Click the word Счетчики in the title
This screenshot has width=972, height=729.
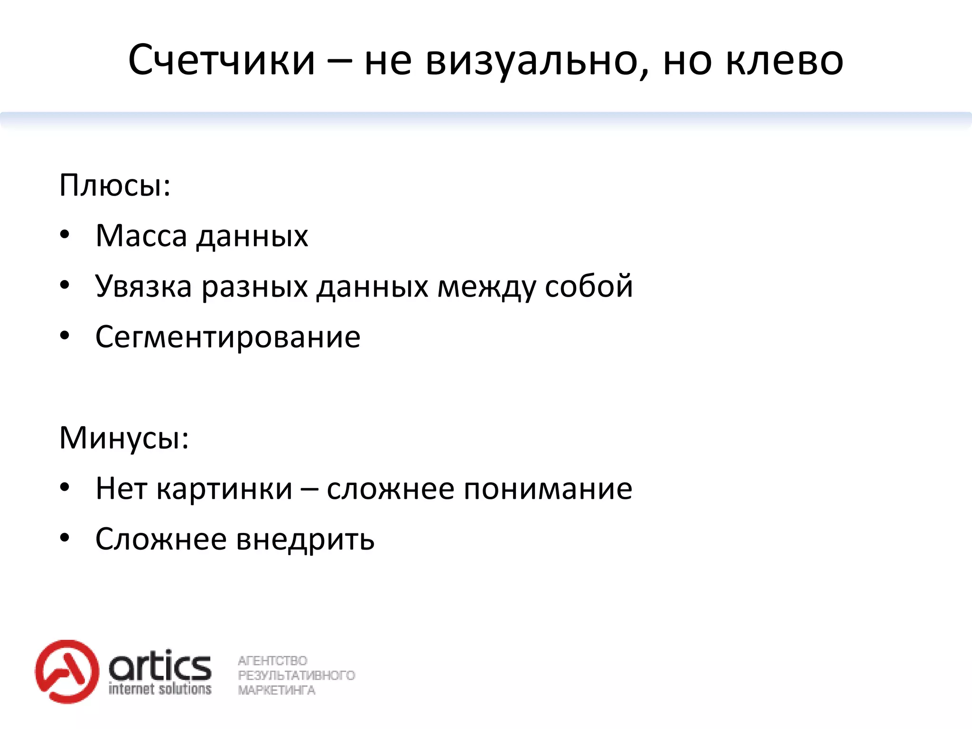pyautogui.click(x=222, y=60)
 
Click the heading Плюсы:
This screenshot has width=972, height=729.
pyautogui.click(x=115, y=185)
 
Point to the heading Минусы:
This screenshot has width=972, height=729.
pyautogui.click(x=124, y=438)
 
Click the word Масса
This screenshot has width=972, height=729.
pyautogui.click(x=141, y=235)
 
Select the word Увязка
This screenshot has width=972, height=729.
pyautogui.click(x=143, y=286)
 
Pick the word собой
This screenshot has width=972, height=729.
pyautogui.click(x=589, y=286)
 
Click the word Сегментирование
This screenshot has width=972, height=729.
pyautogui.click(x=228, y=337)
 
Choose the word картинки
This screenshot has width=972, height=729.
pyautogui.click(x=224, y=489)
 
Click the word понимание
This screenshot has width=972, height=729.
pyautogui.click(x=548, y=489)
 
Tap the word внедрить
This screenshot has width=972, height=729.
pyautogui.click(x=305, y=540)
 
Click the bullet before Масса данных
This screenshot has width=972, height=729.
pyautogui.click(x=65, y=235)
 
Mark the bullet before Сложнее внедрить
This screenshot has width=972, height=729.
pyautogui.click(x=65, y=538)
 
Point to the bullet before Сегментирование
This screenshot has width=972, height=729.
pyautogui.click(x=65, y=336)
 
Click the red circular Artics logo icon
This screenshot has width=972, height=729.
pyautogui.click(x=67, y=671)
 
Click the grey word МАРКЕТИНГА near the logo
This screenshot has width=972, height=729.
pyautogui.click(x=276, y=690)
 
